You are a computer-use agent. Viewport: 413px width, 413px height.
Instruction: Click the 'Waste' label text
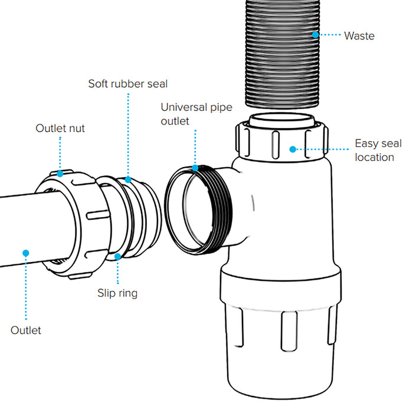359,35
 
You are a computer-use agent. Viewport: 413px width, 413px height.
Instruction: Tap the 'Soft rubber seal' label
128,83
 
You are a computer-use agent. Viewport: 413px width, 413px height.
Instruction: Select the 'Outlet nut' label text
60,128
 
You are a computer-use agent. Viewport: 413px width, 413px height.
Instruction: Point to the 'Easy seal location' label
378,150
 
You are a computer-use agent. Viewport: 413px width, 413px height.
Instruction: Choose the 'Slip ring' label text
118,293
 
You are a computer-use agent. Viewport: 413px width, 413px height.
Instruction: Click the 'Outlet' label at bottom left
26,330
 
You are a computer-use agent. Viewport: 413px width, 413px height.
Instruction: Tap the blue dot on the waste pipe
316,35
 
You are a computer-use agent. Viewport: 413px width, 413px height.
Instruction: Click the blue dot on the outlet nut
60,173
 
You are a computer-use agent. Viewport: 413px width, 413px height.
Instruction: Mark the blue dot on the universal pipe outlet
196,168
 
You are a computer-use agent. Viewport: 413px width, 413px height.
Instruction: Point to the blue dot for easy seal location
292,149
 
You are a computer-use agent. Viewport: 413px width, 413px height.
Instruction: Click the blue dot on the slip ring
118,256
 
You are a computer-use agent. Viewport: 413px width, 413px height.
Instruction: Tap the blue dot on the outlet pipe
26,253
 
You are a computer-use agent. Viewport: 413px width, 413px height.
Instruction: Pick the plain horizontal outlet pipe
24,224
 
